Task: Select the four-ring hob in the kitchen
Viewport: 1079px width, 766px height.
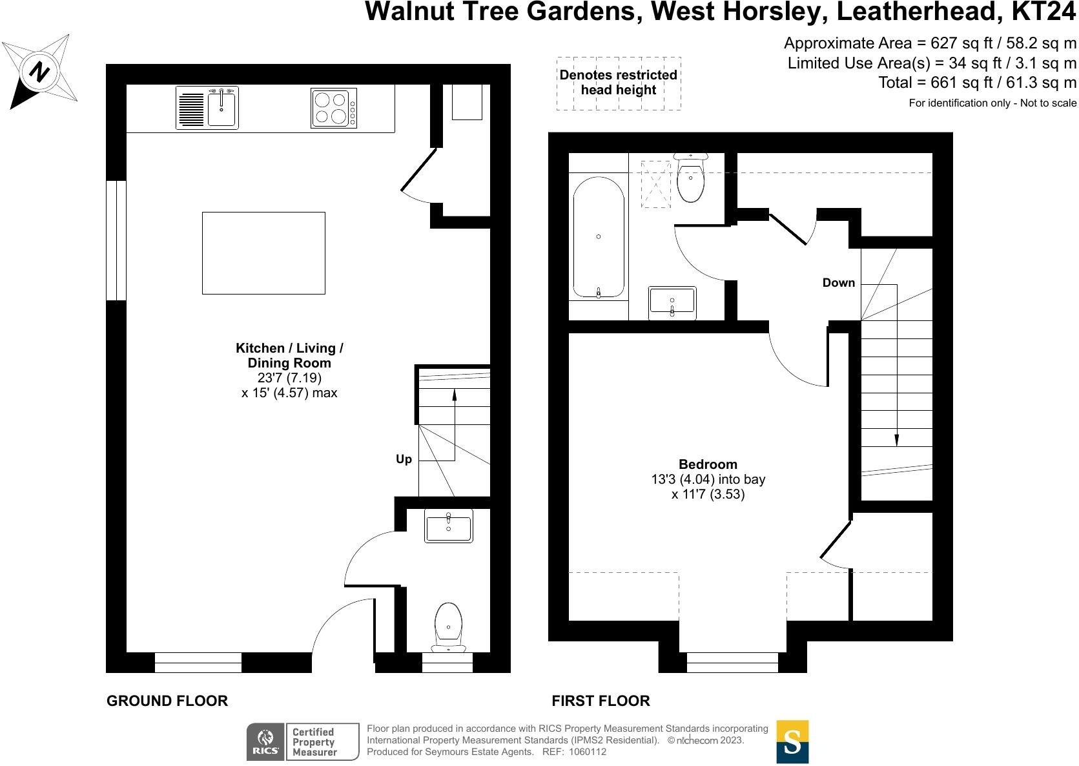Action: pyautogui.click(x=334, y=108)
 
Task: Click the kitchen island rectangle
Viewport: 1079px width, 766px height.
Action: pyautogui.click(x=263, y=253)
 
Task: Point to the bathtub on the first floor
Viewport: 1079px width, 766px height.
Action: pyautogui.click(x=599, y=237)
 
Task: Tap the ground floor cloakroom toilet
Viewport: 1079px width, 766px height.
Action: pyautogui.click(x=449, y=627)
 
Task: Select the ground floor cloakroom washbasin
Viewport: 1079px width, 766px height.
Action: pyautogui.click(x=449, y=526)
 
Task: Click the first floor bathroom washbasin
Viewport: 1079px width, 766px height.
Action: pyautogui.click(x=672, y=303)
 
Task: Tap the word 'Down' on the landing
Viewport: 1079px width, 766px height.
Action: pyautogui.click(x=838, y=283)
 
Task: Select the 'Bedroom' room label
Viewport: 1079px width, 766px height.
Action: pyautogui.click(x=708, y=464)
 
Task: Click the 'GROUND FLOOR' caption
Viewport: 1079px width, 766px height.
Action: pyautogui.click(x=167, y=701)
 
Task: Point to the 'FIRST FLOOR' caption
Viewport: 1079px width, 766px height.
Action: pyautogui.click(x=601, y=701)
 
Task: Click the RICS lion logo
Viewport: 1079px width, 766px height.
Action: pyautogui.click(x=266, y=742)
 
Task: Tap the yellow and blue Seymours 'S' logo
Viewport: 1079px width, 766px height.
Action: pyautogui.click(x=792, y=742)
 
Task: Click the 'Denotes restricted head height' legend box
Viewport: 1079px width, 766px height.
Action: pyautogui.click(x=619, y=83)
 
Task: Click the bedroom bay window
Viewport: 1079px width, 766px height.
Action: pyautogui.click(x=732, y=663)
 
